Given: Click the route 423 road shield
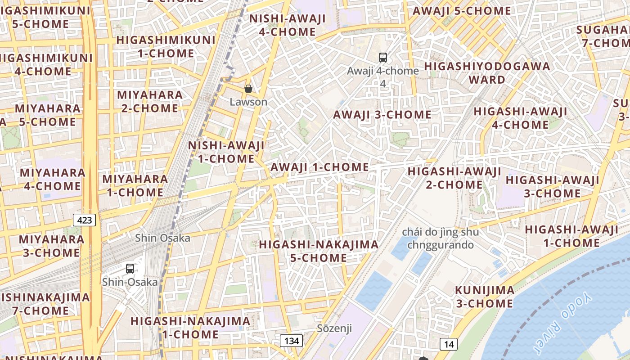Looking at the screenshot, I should [x=85, y=220].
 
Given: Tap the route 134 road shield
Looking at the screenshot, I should [x=291, y=341].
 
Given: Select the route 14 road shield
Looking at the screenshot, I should [x=449, y=344].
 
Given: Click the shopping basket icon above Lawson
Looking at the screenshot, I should [x=248, y=89].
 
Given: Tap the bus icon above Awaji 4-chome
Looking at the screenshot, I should [x=383, y=58].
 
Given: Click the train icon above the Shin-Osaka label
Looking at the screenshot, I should [x=130, y=269].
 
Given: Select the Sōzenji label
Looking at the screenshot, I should [x=334, y=328].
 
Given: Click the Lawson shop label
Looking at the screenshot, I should [x=248, y=102].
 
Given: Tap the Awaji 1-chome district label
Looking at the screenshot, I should [x=319, y=167].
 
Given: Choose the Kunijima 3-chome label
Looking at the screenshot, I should [x=484, y=297].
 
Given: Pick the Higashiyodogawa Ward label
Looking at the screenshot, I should [x=487, y=73].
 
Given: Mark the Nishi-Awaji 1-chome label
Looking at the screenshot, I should [x=226, y=152].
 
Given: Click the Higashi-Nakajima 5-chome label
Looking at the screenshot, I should [x=319, y=251].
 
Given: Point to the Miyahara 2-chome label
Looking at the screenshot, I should [x=150, y=101].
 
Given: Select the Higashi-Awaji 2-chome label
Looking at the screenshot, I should [x=454, y=178].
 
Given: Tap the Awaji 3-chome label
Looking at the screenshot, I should [x=382, y=115].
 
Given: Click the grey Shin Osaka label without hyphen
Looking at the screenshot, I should [x=162, y=238].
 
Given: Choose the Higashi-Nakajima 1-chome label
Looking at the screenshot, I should [x=190, y=328].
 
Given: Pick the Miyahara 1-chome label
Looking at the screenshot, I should [x=135, y=185].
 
